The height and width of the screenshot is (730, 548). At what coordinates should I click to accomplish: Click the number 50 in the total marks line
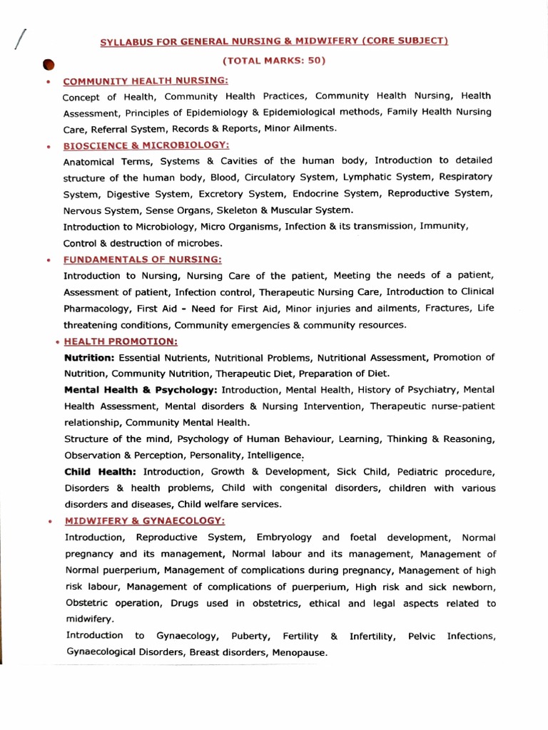point(314,61)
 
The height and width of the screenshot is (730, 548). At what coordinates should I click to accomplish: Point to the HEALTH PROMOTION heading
point(121,341)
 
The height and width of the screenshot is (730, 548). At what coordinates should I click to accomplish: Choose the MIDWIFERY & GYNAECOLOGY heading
point(145,520)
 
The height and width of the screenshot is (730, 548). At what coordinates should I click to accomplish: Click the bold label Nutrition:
point(89,357)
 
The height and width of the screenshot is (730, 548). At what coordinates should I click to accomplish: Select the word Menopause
point(295,652)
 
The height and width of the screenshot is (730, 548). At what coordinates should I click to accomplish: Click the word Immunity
point(446,226)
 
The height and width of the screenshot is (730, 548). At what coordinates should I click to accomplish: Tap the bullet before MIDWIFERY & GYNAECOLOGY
point(49,521)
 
